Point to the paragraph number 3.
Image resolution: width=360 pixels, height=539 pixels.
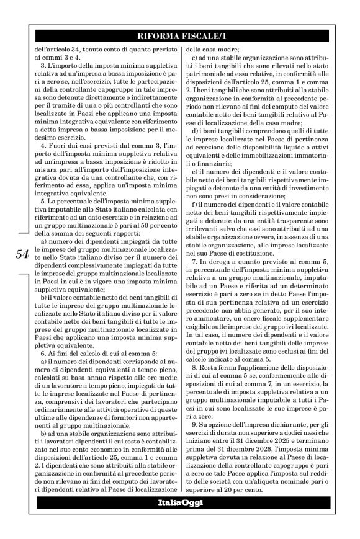[x=41, y=65]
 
